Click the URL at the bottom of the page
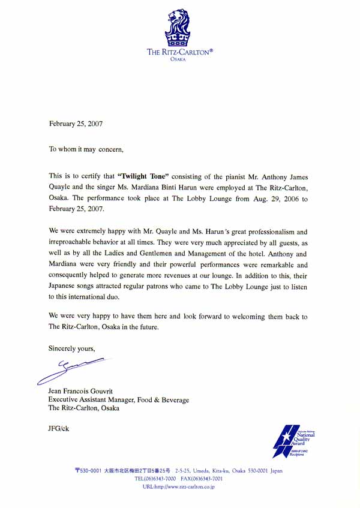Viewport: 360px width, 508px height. point(178,487)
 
